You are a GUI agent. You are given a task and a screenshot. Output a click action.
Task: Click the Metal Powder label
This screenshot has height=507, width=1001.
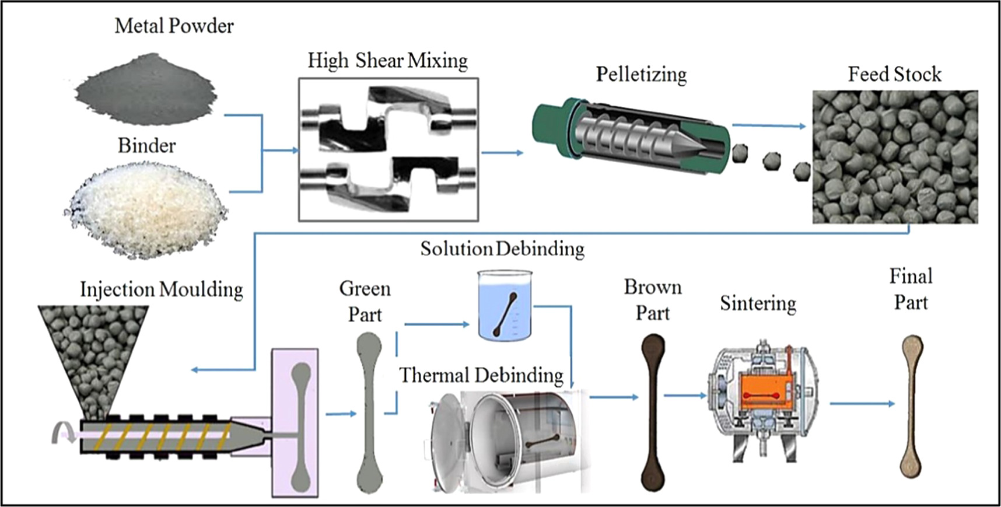pyautogui.click(x=174, y=26)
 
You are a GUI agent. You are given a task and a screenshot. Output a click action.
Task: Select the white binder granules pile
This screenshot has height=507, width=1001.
pyautogui.click(x=146, y=210)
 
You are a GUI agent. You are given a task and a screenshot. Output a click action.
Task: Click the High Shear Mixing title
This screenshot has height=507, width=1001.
pyautogui.click(x=387, y=61)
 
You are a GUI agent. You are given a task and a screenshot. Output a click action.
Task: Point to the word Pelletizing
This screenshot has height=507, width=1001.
pyautogui.click(x=641, y=75)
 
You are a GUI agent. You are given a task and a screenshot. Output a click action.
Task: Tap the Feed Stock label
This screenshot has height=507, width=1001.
pyautogui.click(x=894, y=75)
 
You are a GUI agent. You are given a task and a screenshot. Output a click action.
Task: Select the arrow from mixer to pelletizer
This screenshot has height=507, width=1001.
pyautogui.click(x=502, y=153)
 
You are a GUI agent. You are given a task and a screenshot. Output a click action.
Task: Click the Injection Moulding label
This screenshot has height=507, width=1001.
pyautogui.click(x=161, y=289)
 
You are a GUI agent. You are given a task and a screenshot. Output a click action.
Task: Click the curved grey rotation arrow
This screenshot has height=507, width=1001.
pyautogui.click(x=61, y=433)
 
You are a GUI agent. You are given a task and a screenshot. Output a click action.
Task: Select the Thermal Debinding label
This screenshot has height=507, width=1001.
pyautogui.click(x=481, y=375)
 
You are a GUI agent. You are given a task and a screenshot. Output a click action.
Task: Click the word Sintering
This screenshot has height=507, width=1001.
pyautogui.click(x=758, y=303)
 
